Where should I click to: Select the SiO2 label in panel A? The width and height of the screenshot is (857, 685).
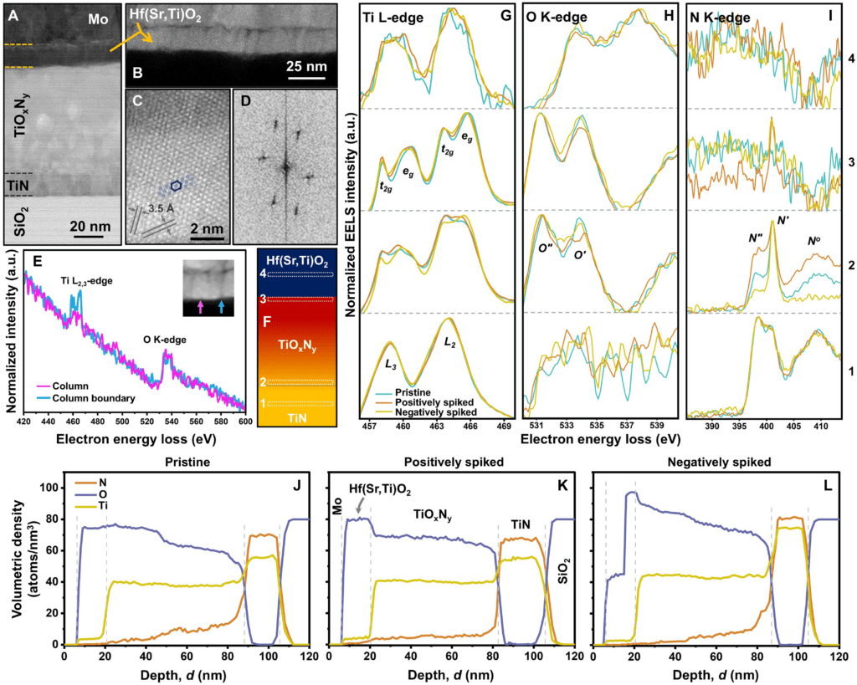point(24,219)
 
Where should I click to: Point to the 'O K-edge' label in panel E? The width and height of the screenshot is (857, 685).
point(172,340)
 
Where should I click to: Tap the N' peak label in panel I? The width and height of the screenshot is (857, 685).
point(784,221)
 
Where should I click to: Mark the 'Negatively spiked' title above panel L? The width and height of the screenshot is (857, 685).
point(716,461)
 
